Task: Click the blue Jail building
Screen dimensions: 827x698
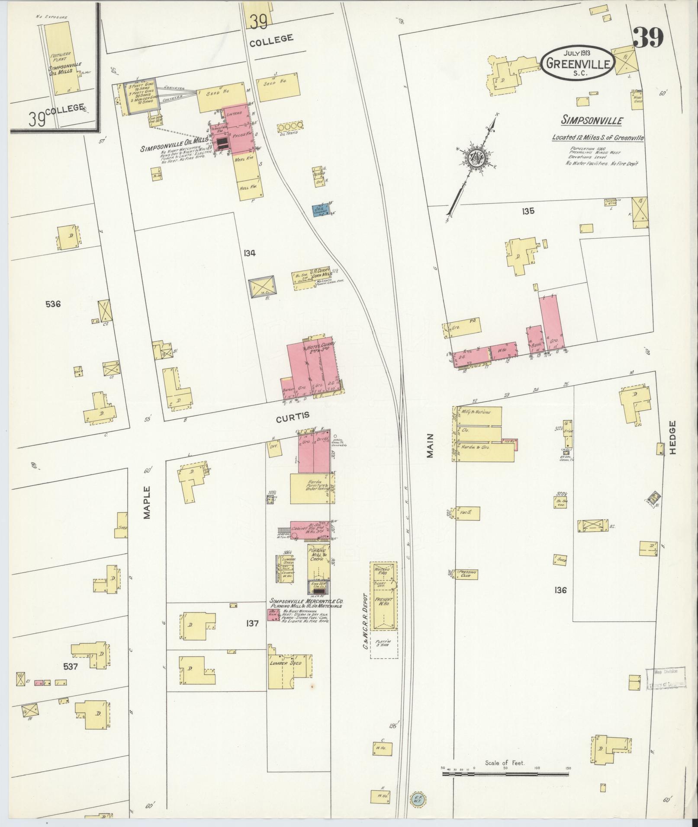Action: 321,210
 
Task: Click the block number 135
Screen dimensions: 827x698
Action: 528,211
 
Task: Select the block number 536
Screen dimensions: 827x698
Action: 53,304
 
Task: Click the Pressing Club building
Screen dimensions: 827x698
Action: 467,575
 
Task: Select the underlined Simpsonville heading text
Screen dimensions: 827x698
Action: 592,120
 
